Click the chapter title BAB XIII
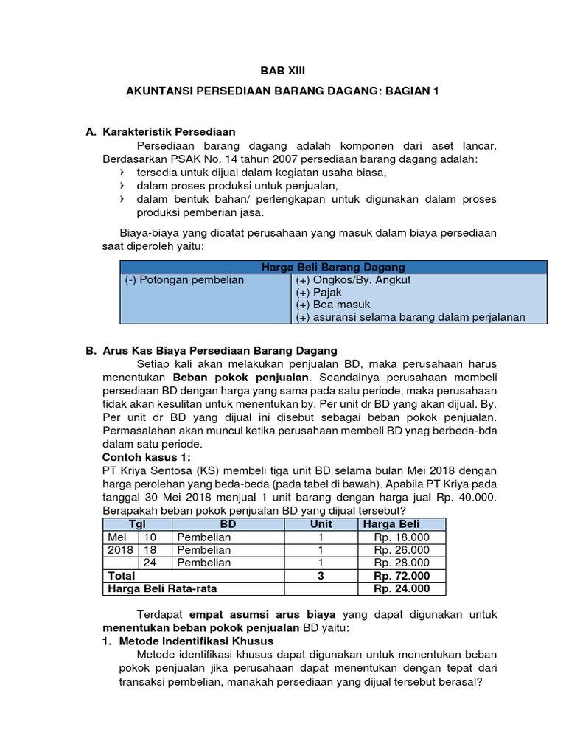[282, 71]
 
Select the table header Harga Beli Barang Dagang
[334, 267]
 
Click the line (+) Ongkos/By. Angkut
[343, 281]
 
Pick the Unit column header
[321, 523]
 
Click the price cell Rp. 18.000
[401, 537]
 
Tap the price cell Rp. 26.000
[401, 549]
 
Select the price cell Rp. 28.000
[401, 563]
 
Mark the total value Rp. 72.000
[401, 576]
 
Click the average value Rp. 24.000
[401, 588]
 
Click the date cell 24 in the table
[150, 563]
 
